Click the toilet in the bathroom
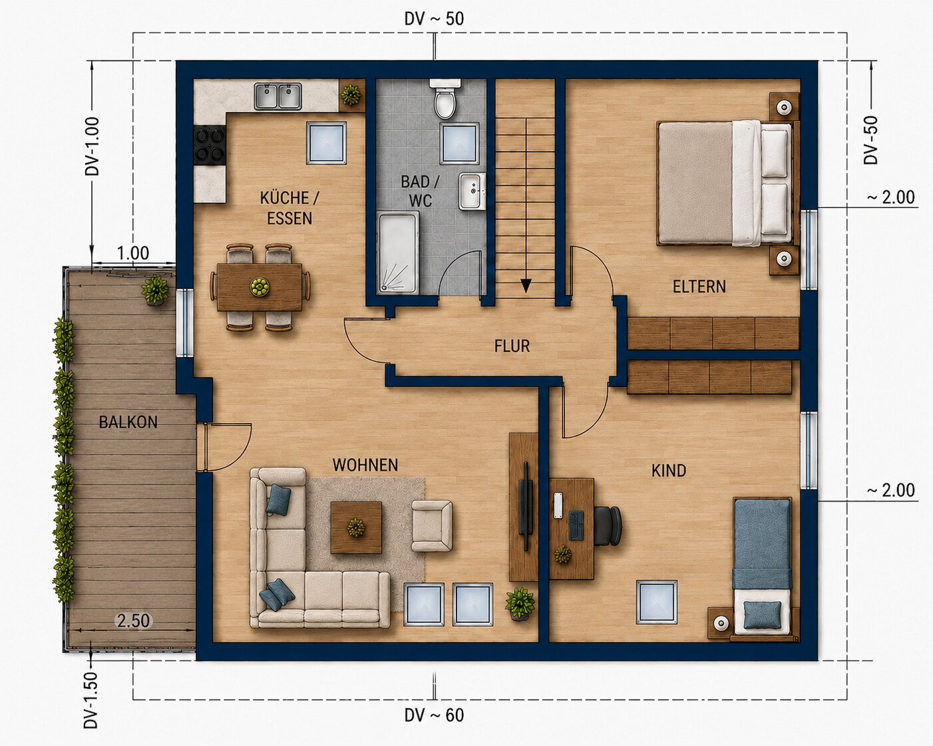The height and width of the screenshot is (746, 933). (445, 99)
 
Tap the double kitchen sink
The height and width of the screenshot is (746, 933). (278, 96)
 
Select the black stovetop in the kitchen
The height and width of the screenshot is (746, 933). (210, 145)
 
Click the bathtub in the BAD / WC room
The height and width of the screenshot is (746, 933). (399, 253)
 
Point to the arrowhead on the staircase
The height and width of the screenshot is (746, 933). (526, 285)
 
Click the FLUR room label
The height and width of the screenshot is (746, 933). (512, 346)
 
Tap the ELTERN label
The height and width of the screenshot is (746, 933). (699, 287)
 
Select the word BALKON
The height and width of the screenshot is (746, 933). (128, 422)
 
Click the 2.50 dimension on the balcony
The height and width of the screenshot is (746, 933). (134, 621)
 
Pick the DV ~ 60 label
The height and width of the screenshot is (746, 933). (434, 715)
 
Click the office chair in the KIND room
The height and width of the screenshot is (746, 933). (608, 526)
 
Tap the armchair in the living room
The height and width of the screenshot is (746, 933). (432, 527)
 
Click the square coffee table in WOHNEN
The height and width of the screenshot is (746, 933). (356, 527)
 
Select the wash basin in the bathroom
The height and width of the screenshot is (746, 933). (472, 191)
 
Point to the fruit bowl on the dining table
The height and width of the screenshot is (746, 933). (260, 287)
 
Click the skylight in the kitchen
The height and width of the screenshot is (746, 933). (327, 143)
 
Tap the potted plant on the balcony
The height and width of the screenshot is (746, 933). (155, 290)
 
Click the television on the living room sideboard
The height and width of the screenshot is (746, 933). (526, 505)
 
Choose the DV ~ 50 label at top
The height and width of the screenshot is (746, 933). (434, 19)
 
